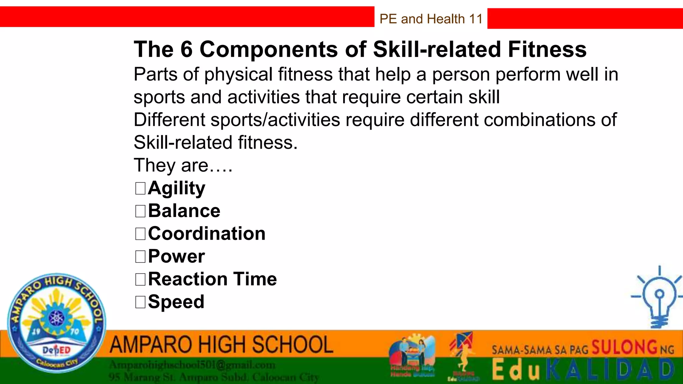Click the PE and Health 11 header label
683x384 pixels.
pyautogui.click(x=431, y=19)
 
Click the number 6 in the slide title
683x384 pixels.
pyautogui.click(x=186, y=49)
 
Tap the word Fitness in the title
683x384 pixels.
pyautogui.click(x=547, y=49)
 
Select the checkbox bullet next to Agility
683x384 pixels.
pyautogui.click(x=140, y=188)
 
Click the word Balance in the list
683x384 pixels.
pyautogui.click(x=184, y=211)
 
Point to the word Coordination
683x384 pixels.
pyautogui.click(x=207, y=233)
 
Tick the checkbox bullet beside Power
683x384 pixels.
pyautogui.click(x=140, y=257)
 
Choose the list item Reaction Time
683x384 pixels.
pyautogui.click(x=212, y=279)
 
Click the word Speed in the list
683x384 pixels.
pyautogui.click(x=176, y=302)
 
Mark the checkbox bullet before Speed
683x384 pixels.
pyautogui.click(x=140, y=302)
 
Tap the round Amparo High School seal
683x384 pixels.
pyautogui.click(x=57, y=323)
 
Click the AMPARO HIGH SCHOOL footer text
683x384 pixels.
pyautogui.click(x=221, y=345)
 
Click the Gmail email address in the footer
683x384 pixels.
pyautogui.click(x=192, y=365)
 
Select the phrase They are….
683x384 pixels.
pyautogui.click(x=183, y=165)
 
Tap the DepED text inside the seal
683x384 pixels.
pyautogui.click(x=57, y=350)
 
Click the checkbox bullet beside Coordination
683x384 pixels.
pyautogui.click(x=140, y=234)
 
